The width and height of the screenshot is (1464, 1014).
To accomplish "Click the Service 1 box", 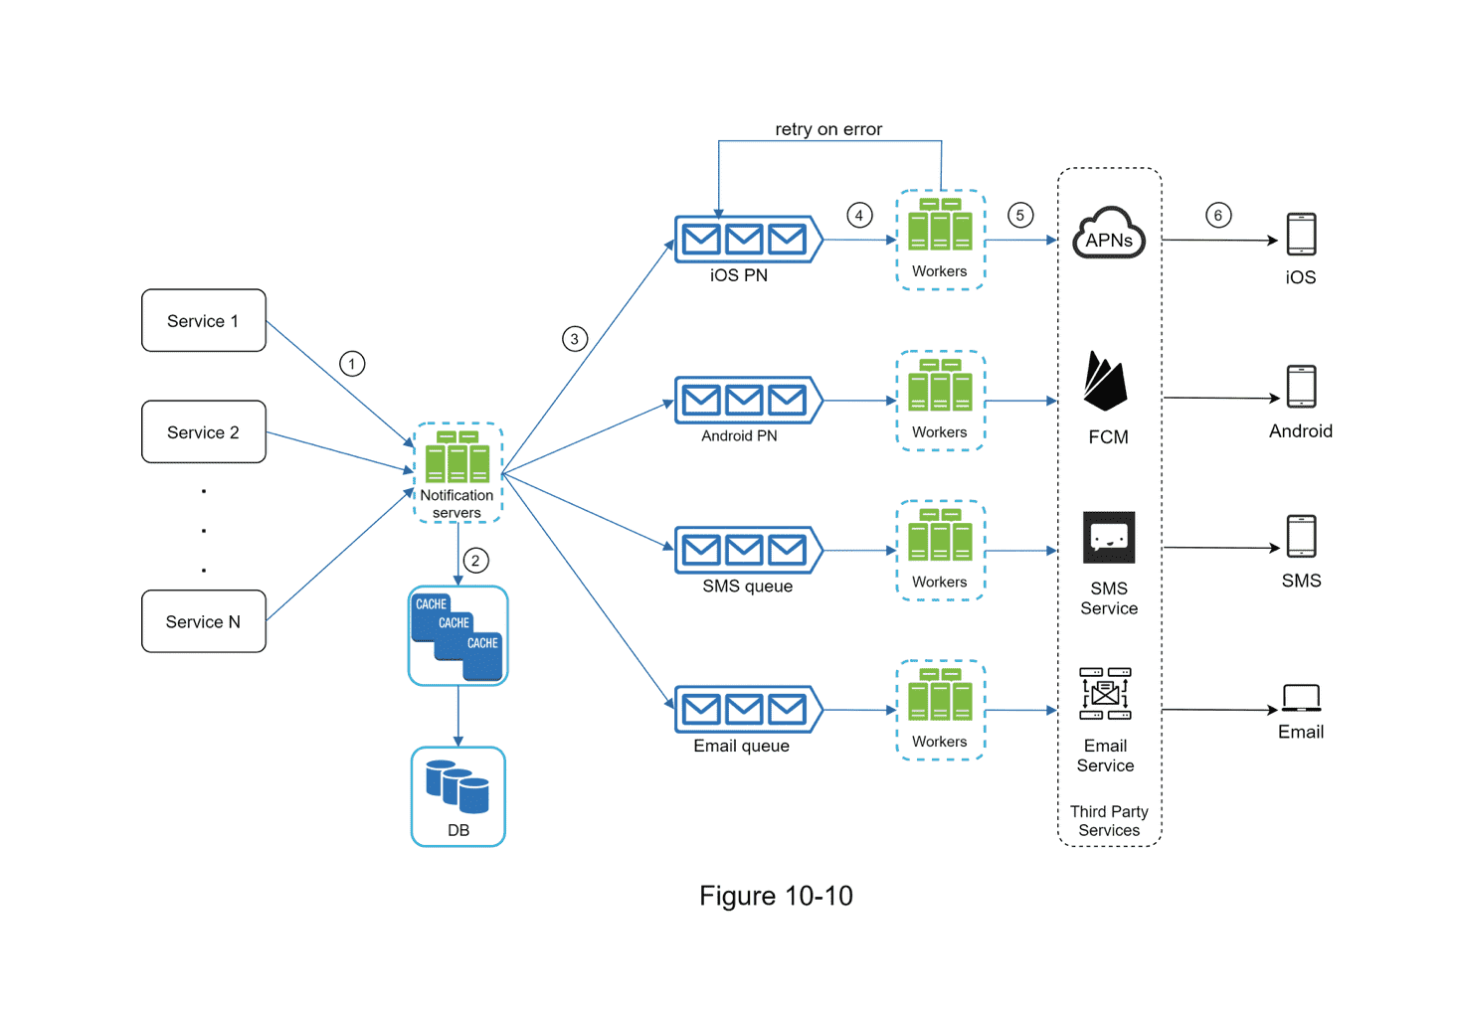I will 203,320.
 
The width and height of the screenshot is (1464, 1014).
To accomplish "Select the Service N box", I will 203,621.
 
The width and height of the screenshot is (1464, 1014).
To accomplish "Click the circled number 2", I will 475,561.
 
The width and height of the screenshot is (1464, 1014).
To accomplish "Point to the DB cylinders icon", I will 457,786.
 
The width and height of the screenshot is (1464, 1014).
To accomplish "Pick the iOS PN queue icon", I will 747,240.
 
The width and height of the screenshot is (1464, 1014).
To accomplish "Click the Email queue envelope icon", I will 747,710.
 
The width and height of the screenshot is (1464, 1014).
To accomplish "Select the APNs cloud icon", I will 1108,234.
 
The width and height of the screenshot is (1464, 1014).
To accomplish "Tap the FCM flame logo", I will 1105,382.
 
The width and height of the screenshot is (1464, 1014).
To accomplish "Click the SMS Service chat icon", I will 1108,538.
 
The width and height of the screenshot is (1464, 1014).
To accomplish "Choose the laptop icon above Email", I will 1301,698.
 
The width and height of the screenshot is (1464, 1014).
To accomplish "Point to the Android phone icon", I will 1301,387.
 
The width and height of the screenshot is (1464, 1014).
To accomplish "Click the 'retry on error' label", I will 828,129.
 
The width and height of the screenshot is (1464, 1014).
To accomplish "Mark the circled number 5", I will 1019,216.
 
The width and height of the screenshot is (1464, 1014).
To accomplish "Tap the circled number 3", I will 574,339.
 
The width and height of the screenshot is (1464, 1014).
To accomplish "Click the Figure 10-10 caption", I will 776,896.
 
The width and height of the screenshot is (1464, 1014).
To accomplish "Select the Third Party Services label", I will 1109,821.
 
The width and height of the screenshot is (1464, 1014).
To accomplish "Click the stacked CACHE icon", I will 457,635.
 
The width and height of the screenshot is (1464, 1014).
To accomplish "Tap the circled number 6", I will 1218,216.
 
